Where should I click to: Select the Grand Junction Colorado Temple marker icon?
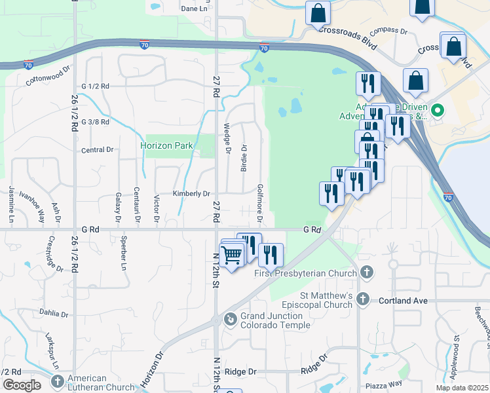click(x=231, y=320)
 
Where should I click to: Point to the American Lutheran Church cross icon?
click(x=58, y=381)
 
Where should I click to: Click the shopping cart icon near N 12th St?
click(x=231, y=255)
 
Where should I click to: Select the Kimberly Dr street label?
click(x=191, y=193)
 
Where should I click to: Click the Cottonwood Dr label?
click(x=48, y=77)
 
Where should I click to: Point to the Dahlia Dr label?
click(x=54, y=312)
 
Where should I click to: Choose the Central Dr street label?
click(x=98, y=150)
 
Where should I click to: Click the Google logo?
click(x=22, y=385)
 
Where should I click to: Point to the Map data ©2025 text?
click(x=462, y=388)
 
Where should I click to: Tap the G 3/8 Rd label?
click(x=96, y=122)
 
